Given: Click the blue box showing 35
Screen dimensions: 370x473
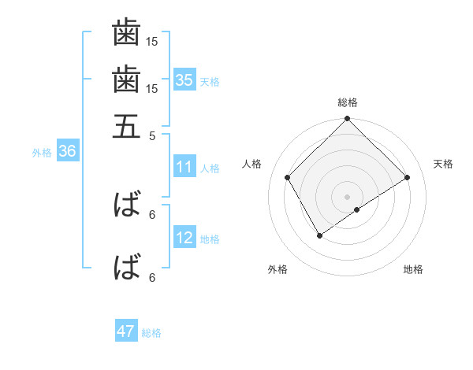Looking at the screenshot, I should point(184,80).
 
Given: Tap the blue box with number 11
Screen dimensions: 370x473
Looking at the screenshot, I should point(184,167).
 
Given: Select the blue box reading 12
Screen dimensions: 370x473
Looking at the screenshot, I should point(184,238).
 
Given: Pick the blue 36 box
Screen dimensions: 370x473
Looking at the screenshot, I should point(67,152).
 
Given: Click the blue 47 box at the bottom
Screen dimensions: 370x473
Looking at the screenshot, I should point(126,331).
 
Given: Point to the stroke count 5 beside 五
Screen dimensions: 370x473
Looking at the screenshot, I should point(152,135).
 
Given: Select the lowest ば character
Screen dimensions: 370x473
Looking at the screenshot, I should point(126,267).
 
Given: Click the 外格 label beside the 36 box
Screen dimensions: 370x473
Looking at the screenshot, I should point(41,153).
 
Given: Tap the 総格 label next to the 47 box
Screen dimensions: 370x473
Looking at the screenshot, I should point(151,333).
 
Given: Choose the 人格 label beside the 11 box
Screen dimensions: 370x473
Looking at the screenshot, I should point(210,168).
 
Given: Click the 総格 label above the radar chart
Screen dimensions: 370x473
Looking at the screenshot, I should point(348,102).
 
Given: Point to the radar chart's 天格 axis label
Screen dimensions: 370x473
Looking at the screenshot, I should point(443,164).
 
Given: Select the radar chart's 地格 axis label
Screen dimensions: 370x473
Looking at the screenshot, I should point(413,269).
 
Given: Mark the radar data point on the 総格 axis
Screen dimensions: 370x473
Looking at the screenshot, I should point(348,120).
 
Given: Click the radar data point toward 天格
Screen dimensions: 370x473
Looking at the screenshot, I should point(408,178).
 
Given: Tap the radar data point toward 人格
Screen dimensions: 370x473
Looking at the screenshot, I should point(288,178).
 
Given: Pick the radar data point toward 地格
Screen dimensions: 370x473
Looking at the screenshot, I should point(357,209).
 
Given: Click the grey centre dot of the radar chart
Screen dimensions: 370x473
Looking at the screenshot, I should point(348,196).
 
